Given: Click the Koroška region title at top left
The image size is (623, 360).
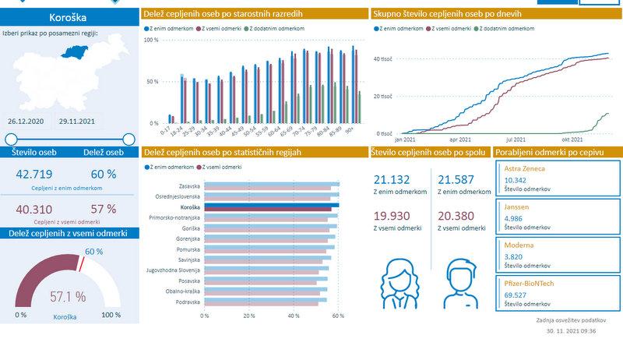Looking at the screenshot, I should click(x=67, y=16).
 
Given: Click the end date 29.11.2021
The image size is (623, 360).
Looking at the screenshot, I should click(x=77, y=122).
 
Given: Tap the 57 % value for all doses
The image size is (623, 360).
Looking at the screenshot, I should click(x=103, y=208).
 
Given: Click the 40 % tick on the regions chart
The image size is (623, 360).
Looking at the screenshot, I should click(x=294, y=316).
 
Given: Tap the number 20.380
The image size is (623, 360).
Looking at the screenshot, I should click(x=456, y=216).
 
